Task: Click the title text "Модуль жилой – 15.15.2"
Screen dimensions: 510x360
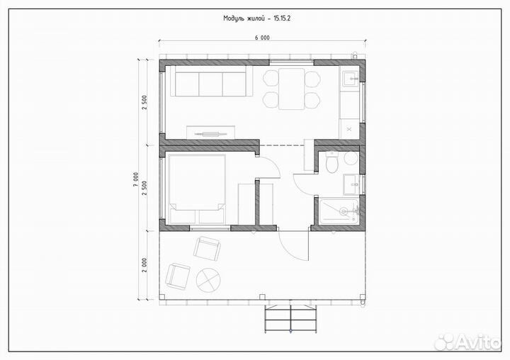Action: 256,18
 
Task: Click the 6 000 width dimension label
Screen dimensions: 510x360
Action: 262,38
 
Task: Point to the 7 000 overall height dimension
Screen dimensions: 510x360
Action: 136,179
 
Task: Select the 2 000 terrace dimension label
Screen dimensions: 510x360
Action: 144,265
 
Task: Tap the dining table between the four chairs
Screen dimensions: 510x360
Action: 291,89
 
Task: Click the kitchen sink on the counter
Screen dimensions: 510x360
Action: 351,78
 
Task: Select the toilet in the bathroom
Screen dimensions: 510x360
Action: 332,162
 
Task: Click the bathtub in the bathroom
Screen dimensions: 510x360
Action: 339,211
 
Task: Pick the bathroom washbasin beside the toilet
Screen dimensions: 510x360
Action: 351,184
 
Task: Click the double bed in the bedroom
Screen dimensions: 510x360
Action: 196,189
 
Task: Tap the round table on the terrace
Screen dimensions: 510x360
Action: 208,280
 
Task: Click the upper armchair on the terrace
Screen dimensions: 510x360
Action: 207,248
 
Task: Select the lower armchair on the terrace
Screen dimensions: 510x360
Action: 178,276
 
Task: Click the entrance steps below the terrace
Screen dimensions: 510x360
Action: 290,319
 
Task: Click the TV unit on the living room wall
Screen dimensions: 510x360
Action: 210,133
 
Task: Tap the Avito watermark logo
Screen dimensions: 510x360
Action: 467,342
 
